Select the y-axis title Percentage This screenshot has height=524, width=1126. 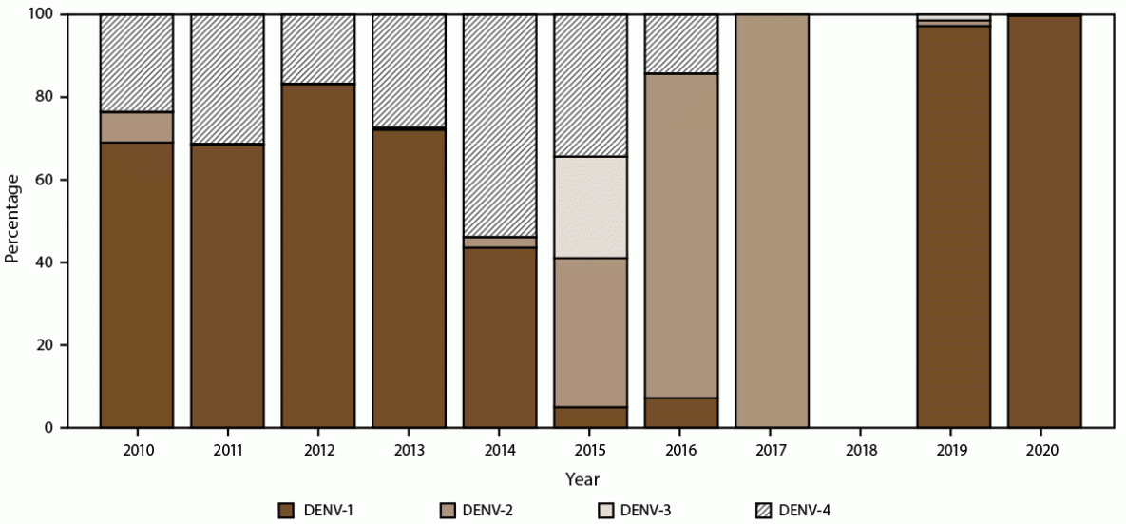point(12,221)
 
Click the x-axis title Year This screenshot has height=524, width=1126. point(582,479)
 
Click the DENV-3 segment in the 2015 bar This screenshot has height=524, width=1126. point(590,207)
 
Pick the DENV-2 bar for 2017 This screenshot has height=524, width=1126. point(772,221)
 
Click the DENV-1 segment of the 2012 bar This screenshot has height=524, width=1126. point(318,256)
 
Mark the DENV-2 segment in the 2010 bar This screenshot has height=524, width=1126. point(137,127)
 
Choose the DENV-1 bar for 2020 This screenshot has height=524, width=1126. point(1044,222)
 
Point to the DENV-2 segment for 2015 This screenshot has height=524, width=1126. point(590,332)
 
